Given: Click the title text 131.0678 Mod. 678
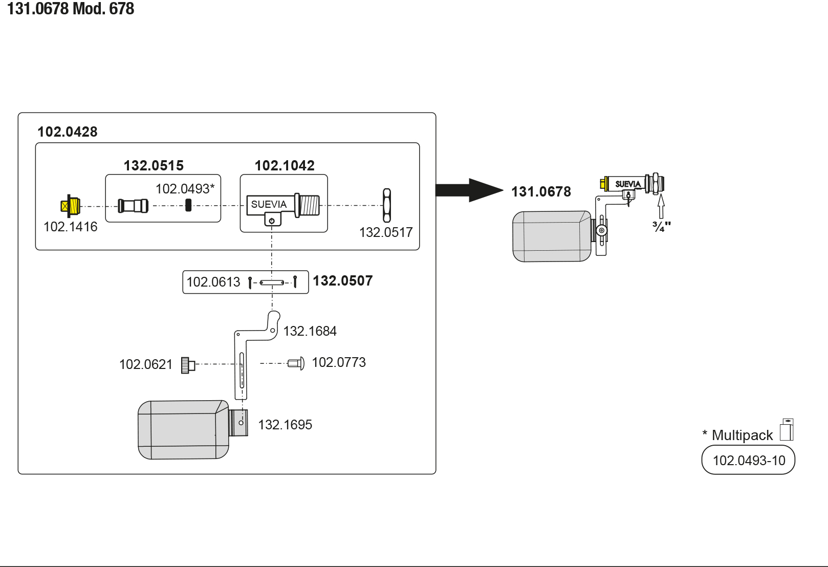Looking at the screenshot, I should [x=71, y=9].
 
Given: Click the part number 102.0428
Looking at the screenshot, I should [x=67, y=132].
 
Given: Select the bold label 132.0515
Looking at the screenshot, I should [x=154, y=166].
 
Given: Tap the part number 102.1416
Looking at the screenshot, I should [x=70, y=227].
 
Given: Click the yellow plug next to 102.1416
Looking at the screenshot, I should [x=71, y=206].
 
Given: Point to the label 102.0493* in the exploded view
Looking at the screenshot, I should [x=185, y=189].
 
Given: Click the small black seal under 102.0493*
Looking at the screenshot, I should [x=188, y=205].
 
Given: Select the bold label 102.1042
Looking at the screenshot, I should [x=285, y=166].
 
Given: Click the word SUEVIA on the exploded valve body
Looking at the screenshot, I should [x=269, y=204].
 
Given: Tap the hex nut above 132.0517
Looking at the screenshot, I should [x=387, y=205].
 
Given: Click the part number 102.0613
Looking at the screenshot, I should [x=213, y=282].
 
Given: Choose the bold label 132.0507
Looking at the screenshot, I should [x=342, y=281].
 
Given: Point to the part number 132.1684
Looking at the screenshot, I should [x=310, y=331].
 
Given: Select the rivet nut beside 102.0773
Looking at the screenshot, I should [x=296, y=363].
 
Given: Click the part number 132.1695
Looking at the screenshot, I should [x=285, y=425].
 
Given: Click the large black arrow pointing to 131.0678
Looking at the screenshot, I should [x=468, y=190].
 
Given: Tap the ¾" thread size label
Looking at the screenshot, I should [x=661, y=226].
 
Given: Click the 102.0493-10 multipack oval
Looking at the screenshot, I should [x=748, y=460].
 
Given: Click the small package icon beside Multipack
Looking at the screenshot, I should [x=787, y=430].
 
